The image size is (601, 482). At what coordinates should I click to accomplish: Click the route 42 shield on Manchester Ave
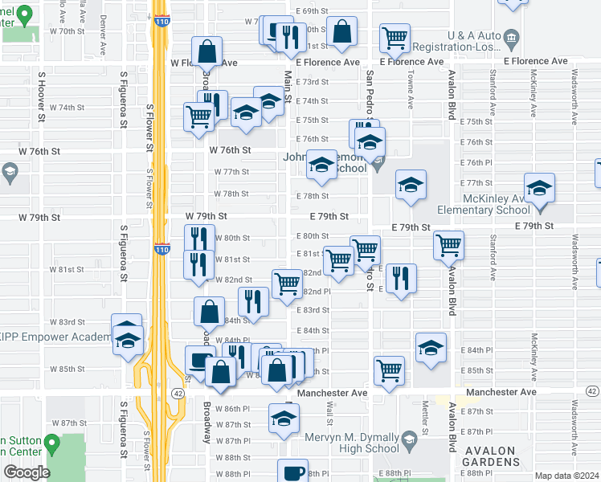[178, 393]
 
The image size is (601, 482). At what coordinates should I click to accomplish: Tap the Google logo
[27, 472]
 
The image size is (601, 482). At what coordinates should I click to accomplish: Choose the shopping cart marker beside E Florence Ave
[395, 37]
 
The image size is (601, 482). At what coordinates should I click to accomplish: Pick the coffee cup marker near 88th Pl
[294, 472]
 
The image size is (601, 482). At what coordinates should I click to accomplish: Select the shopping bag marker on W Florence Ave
[206, 51]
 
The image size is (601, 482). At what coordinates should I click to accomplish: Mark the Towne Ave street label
[411, 88]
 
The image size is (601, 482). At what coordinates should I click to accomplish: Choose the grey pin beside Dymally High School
[409, 439]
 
